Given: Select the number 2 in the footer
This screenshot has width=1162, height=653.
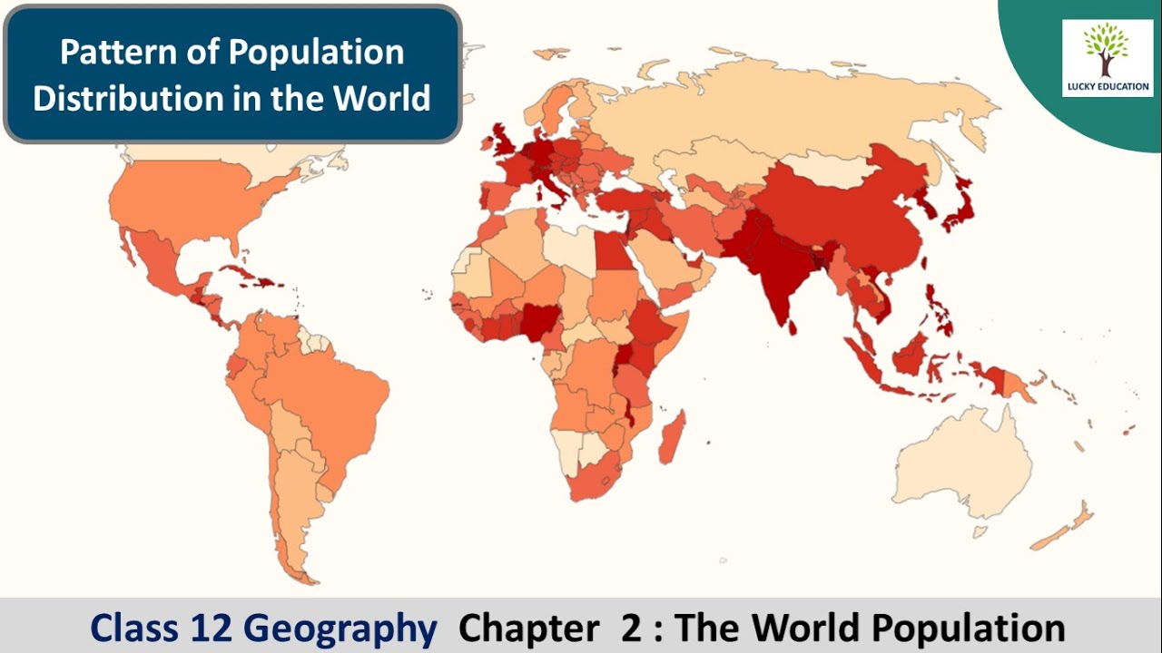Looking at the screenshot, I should click(x=631, y=628).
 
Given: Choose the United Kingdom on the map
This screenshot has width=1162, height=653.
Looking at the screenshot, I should click(x=502, y=145).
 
